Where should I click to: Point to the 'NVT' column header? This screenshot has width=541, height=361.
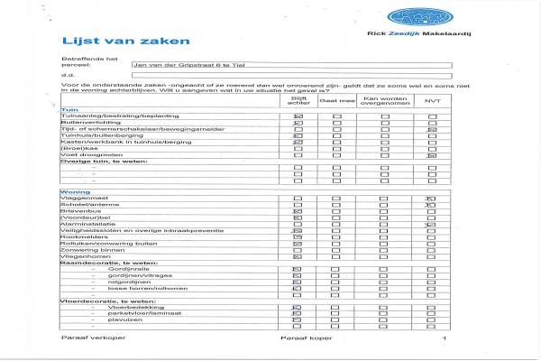(432, 102)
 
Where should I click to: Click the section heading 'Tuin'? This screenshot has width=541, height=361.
(65, 109)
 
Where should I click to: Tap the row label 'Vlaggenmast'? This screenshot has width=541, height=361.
(82, 199)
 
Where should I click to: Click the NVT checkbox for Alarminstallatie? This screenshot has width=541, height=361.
(432, 225)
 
